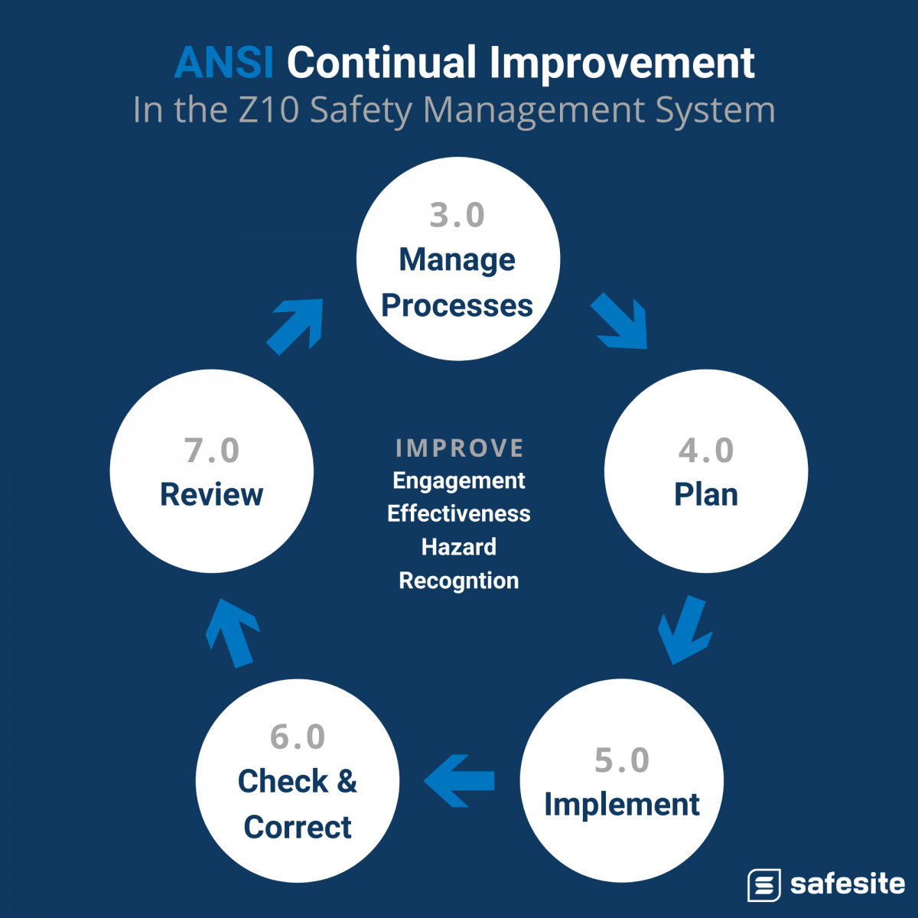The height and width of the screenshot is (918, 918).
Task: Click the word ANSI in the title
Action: [223, 63]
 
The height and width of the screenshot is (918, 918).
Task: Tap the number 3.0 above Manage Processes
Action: [457, 216]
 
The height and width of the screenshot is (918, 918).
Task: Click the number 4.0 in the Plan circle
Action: [706, 451]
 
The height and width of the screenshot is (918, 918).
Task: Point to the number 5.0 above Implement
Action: [622, 760]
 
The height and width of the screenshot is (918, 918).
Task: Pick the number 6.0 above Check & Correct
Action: [298, 737]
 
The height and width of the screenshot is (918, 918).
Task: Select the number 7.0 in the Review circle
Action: [212, 451]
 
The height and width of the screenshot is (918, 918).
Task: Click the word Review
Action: [212, 495]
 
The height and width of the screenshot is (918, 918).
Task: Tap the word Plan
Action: [706, 495]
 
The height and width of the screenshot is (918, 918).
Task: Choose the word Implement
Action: [622, 805]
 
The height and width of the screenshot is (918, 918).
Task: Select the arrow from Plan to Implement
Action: [684, 630]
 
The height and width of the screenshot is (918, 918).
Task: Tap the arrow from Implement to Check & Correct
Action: [459, 781]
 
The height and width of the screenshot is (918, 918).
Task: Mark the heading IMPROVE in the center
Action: [459, 448]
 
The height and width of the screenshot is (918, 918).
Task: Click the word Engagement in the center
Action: [459, 481]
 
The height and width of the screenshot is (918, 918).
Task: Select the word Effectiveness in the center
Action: [459, 514]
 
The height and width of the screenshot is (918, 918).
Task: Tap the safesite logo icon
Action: [763, 885]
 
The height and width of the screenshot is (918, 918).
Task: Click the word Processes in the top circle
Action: [457, 306]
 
